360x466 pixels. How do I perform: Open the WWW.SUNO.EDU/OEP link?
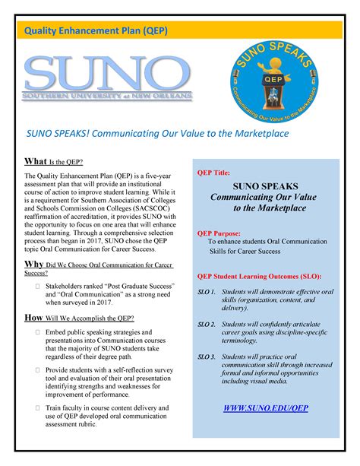pos(265,408)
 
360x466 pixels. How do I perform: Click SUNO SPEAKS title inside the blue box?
pos(265,186)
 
